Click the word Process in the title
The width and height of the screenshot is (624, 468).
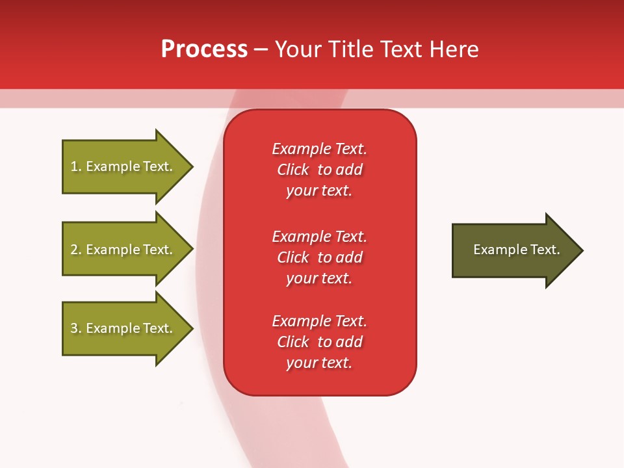(204, 49)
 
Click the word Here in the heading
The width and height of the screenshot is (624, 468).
(452, 49)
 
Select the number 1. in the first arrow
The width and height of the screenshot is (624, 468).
(76, 166)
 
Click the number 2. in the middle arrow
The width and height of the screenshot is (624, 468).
(76, 250)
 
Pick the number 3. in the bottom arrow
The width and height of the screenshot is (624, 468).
(76, 328)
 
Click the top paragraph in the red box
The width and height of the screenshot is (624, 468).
(319, 170)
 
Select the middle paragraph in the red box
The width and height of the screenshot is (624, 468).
(319, 257)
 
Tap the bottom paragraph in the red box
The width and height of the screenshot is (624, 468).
(319, 342)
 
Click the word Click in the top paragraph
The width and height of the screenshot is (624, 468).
(293, 170)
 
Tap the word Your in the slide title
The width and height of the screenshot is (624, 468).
(296, 49)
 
